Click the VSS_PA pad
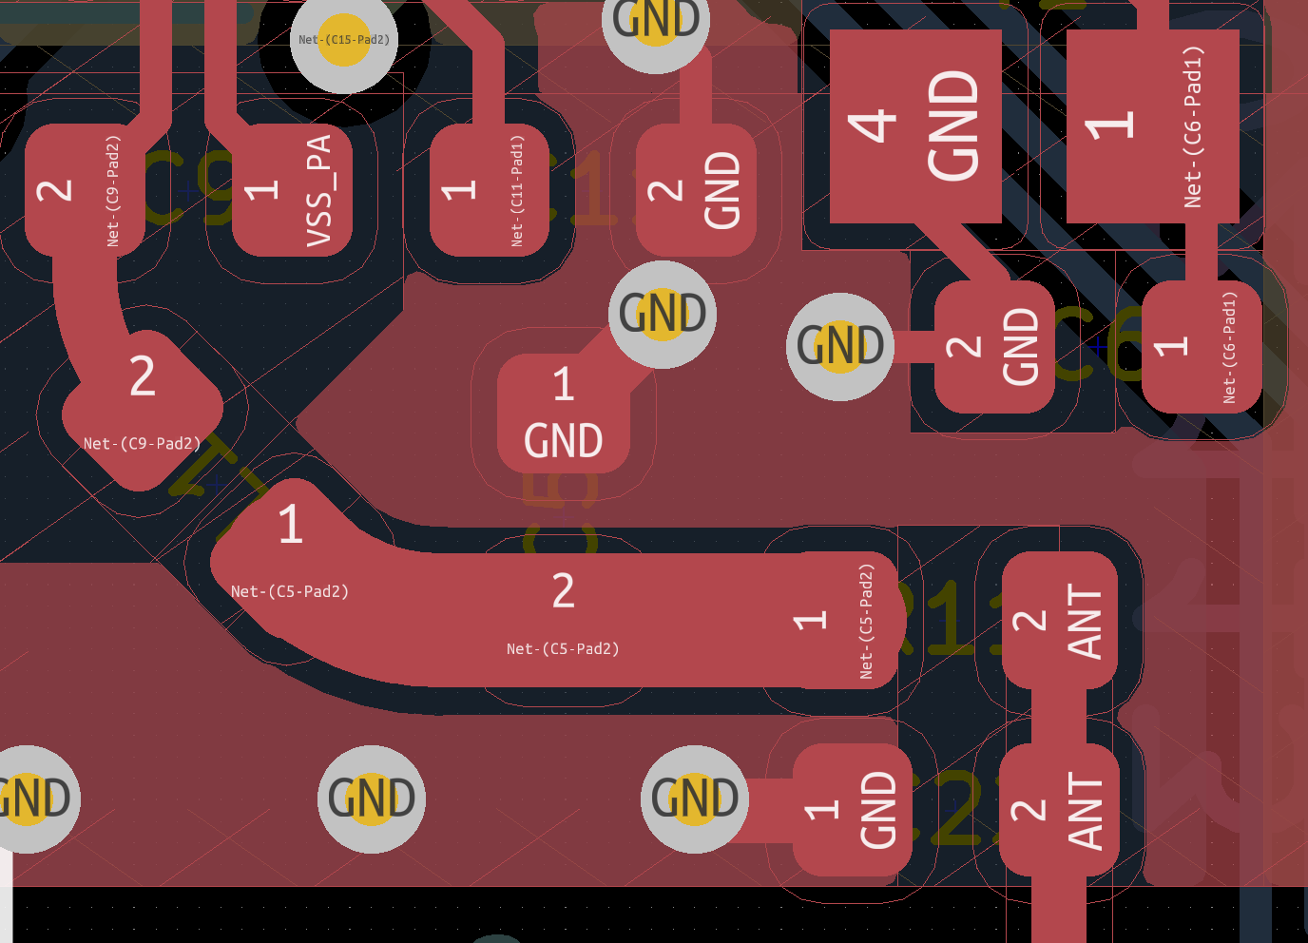(x=292, y=190)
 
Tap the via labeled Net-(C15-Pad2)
(x=343, y=40)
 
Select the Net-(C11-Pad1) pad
(x=489, y=190)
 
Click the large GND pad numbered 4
(x=914, y=125)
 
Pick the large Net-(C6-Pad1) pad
(x=1152, y=125)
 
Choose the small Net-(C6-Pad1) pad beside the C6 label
(x=1202, y=347)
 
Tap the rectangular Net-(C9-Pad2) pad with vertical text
(x=84, y=190)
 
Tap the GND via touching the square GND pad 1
(x=662, y=314)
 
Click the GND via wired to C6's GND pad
(x=838, y=346)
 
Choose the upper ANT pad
(x=1059, y=620)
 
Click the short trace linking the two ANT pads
(x=1059, y=716)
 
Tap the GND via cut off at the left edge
(x=33, y=799)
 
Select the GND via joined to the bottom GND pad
(x=694, y=799)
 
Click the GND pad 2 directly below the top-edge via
(x=696, y=190)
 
